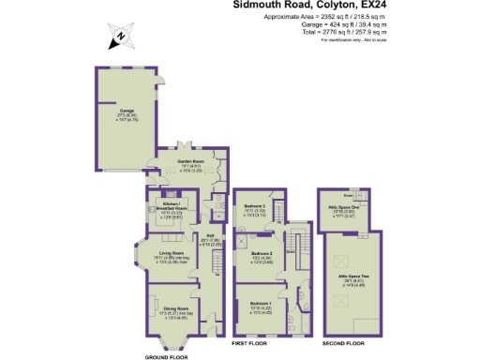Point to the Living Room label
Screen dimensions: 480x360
click(x=170, y=252)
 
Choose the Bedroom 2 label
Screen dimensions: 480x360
click(x=262, y=253)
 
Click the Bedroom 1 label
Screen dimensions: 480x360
click(x=262, y=303)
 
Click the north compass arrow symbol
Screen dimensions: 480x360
click(x=121, y=37)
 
